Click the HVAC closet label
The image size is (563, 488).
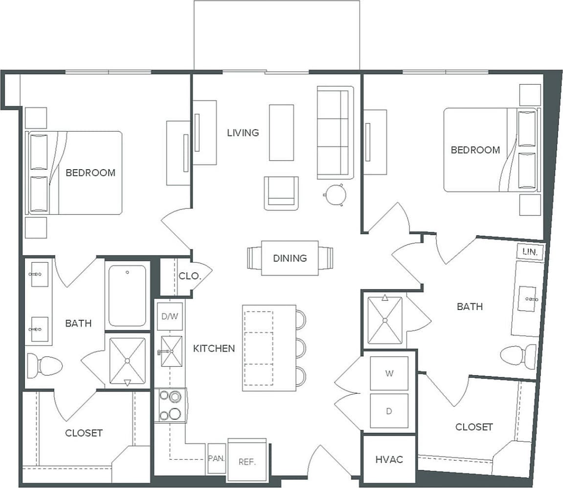click(x=389, y=460)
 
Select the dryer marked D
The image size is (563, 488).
click(x=389, y=411)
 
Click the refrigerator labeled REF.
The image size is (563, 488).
click(x=247, y=461)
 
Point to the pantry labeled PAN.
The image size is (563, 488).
click(x=216, y=459)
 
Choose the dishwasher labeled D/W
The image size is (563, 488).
click(x=169, y=316)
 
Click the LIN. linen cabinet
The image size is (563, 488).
click(x=530, y=252)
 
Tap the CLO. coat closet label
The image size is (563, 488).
click(x=189, y=276)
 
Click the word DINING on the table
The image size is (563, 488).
click(x=290, y=258)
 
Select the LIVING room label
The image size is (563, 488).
click(x=243, y=133)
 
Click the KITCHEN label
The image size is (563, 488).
click(x=214, y=349)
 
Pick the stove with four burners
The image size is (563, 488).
click(x=170, y=405)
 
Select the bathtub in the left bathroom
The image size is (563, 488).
click(x=127, y=295)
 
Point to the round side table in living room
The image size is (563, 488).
click(x=335, y=195)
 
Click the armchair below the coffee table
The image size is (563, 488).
click(x=281, y=193)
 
